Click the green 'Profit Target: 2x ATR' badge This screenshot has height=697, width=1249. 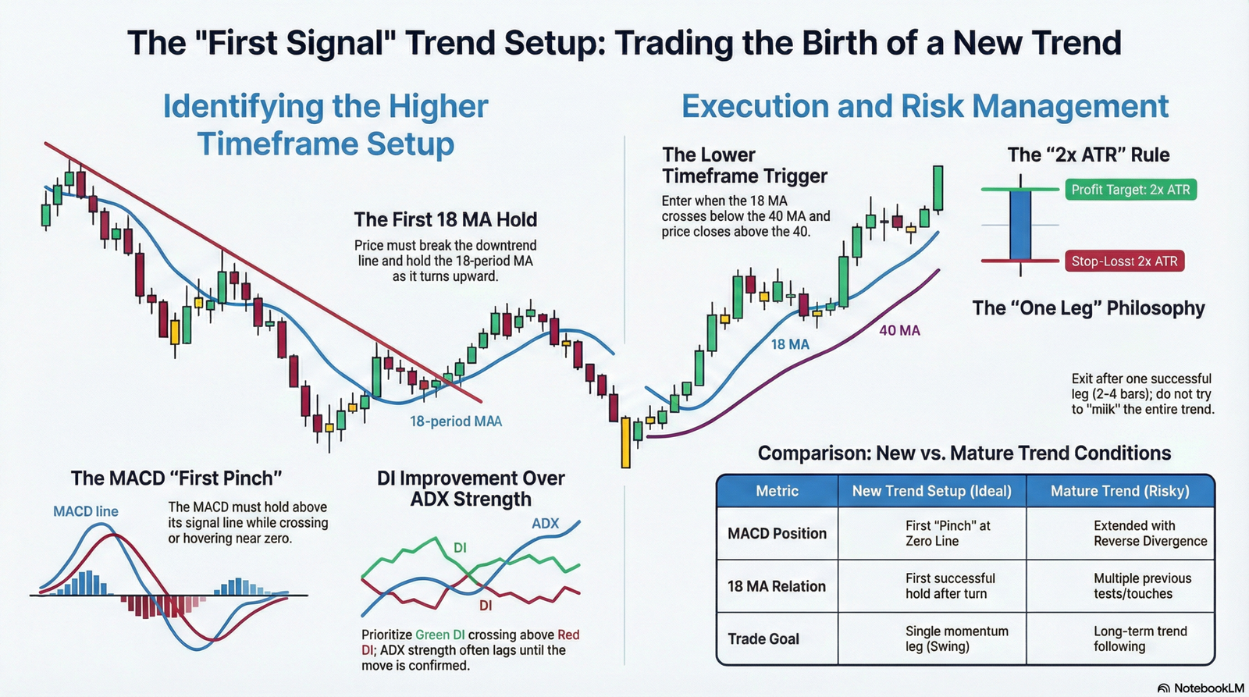[x=1130, y=190]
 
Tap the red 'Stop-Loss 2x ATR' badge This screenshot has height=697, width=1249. [x=1123, y=261]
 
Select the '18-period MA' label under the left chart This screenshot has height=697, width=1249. [x=456, y=421]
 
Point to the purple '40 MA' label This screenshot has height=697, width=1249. [x=899, y=330]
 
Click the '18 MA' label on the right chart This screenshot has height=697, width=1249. [x=790, y=344]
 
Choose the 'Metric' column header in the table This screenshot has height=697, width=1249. [x=777, y=491]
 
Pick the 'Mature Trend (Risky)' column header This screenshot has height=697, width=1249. [x=1119, y=491]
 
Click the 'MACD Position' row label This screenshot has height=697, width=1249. [x=777, y=533]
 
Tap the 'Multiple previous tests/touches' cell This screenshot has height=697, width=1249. [x=1142, y=585]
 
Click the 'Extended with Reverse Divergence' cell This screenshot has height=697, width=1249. [x=1149, y=533]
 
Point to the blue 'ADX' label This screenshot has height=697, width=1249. [x=545, y=523]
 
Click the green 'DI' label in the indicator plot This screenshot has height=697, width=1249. [x=460, y=548]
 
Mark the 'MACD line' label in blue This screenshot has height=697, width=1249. [x=86, y=511]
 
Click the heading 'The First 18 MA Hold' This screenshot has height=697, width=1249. [x=445, y=219]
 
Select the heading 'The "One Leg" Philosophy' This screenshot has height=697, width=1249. [x=1088, y=308]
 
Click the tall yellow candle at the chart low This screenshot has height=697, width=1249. [x=625, y=442]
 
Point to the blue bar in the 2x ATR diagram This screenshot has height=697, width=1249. [x=1020, y=225]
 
